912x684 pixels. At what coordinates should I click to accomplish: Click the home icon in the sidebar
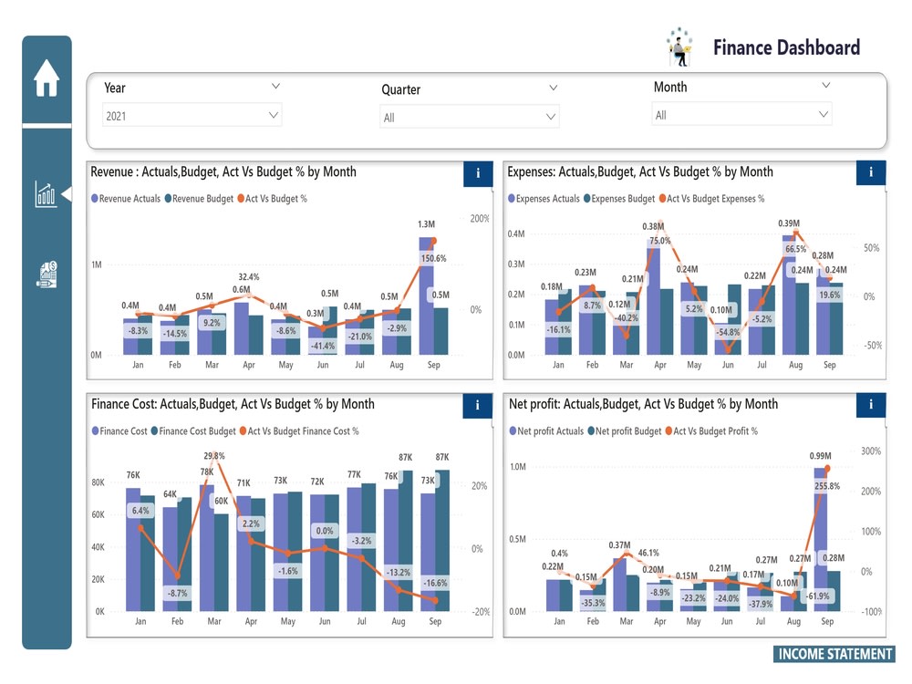click(47, 78)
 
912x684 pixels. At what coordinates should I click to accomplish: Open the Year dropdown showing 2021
click(192, 116)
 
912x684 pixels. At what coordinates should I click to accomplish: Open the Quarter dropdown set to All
click(469, 118)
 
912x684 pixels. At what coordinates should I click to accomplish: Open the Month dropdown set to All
click(741, 115)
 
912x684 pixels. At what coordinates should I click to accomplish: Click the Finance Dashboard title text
click(785, 47)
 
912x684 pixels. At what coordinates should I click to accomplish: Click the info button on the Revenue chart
click(478, 173)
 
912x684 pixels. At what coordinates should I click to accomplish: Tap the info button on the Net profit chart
click(871, 405)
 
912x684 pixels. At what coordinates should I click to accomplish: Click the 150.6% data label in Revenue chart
click(432, 259)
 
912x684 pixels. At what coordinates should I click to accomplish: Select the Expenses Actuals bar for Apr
click(653, 300)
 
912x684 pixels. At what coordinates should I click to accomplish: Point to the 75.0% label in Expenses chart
click(659, 242)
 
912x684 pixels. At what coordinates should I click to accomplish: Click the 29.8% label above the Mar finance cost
click(214, 456)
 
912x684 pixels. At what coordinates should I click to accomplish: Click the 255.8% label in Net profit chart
click(827, 487)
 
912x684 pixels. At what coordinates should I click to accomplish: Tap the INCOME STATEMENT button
click(834, 654)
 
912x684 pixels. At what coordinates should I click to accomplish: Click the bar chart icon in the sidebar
click(46, 194)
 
